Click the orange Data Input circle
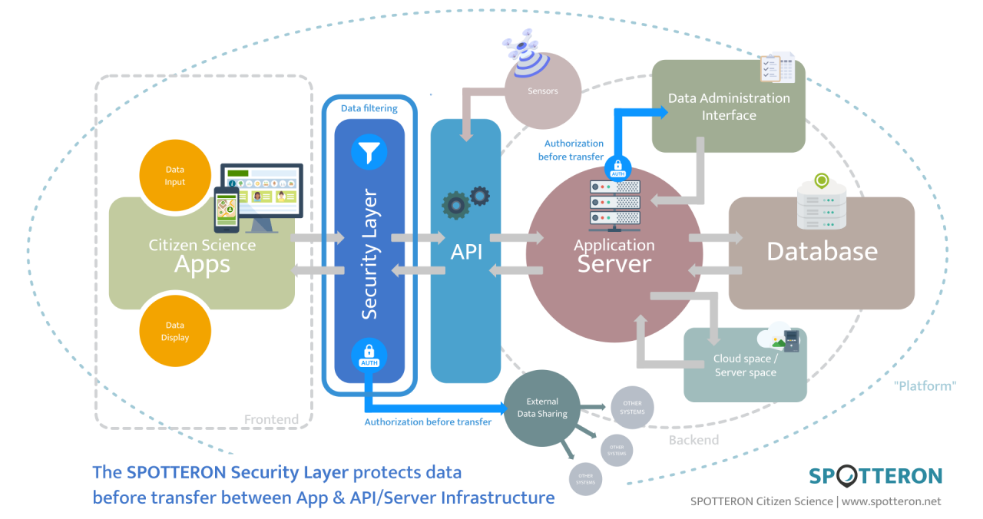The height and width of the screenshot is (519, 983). coord(175,176)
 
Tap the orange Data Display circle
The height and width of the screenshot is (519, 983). coord(175,331)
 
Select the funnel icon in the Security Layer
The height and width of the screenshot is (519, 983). coord(369,152)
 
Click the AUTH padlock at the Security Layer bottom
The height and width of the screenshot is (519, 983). coord(369,355)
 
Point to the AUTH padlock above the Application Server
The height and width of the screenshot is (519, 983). coord(618,167)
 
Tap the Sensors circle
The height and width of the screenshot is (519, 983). coord(543,91)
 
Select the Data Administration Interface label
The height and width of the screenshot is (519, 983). coord(728,107)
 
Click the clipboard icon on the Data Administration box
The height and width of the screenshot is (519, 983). coord(776,68)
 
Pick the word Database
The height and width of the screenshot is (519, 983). coord(822,251)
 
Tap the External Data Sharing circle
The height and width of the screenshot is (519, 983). coord(542,408)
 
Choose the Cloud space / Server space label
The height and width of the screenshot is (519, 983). coord(745,365)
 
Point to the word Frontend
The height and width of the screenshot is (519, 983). coord(271,419)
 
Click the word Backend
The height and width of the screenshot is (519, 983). coord(693,440)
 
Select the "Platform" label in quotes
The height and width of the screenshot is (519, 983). coord(925,385)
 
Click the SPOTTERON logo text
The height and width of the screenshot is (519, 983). coord(875,475)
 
